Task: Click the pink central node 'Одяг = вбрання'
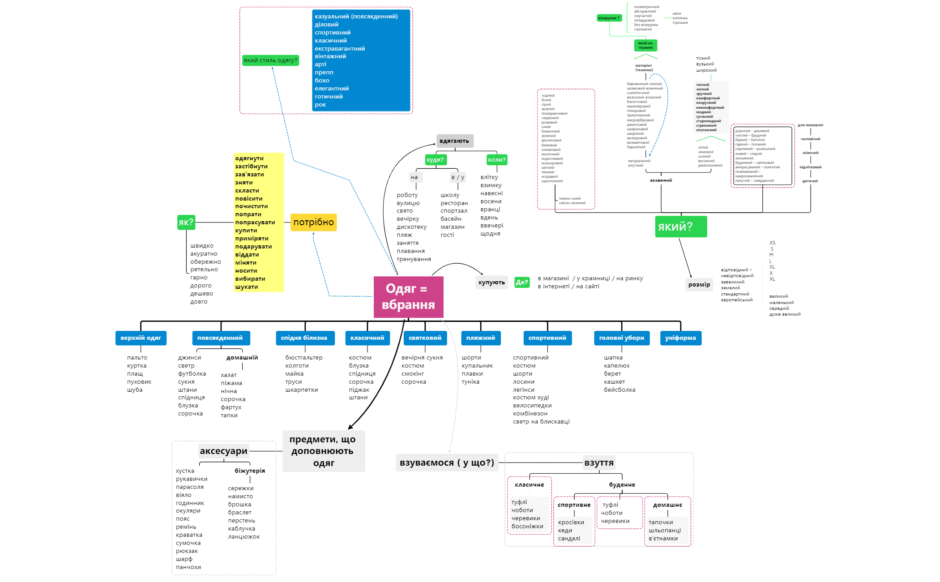point(408,297)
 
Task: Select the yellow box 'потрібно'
point(313,222)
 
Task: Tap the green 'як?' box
point(186,222)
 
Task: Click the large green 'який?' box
point(680,227)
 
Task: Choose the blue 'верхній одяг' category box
point(141,338)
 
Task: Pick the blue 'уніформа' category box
point(680,338)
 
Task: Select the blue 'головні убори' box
point(621,338)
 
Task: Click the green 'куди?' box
point(435,160)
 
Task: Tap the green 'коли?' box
point(496,160)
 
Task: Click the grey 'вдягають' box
point(454,141)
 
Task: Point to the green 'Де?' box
point(522,282)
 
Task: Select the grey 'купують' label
point(491,282)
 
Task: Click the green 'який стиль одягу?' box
point(270,60)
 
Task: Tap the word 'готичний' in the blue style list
point(329,97)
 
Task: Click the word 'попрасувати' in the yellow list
point(255,223)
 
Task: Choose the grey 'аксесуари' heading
point(223,451)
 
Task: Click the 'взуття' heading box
point(599,462)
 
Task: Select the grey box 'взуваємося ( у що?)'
point(447,462)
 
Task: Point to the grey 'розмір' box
point(699,285)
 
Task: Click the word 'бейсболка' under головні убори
point(620,390)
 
